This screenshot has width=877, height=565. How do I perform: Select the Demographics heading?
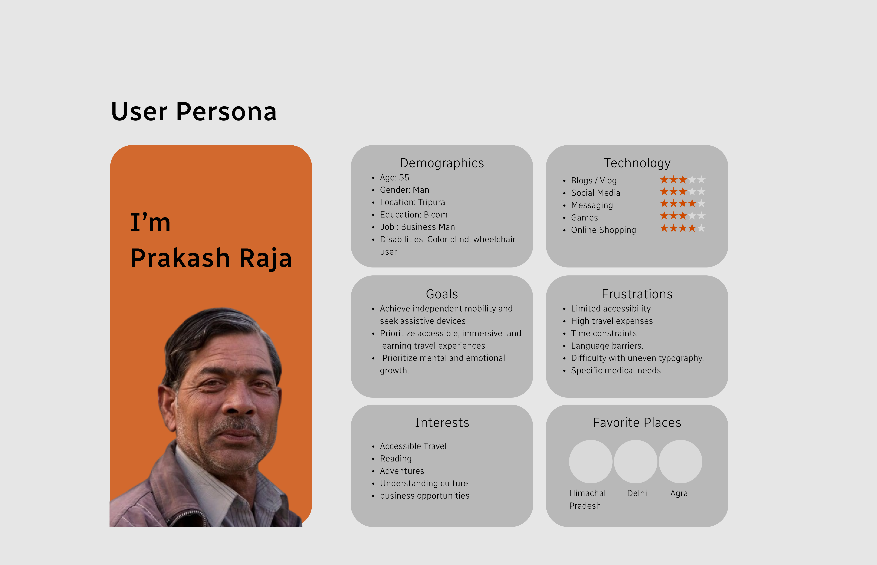point(442,163)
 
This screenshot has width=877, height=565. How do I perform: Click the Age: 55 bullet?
point(394,178)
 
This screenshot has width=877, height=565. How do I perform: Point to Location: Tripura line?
point(412,202)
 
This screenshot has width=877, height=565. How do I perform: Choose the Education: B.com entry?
point(413,215)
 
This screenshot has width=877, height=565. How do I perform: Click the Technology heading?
point(637,163)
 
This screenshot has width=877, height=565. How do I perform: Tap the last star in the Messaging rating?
point(701,203)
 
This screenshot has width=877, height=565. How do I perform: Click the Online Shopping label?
point(603,230)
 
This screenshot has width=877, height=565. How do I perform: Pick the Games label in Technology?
point(584,217)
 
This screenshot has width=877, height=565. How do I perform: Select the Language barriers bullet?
point(607,346)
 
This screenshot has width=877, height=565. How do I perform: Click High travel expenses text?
point(612,321)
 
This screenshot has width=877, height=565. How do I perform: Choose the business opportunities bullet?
point(424,496)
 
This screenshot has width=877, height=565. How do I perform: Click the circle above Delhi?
point(636,461)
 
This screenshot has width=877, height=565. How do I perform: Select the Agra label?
point(679,493)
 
